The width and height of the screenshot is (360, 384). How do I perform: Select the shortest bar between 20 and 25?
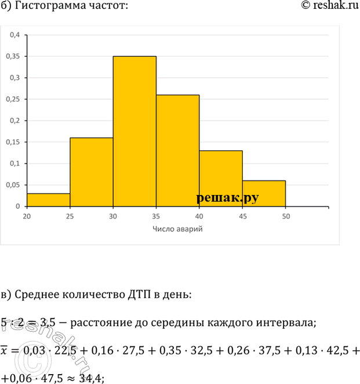[48, 200]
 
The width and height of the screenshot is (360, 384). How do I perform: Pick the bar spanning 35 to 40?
[177, 150]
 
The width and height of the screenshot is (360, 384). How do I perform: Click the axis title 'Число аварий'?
[177, 229]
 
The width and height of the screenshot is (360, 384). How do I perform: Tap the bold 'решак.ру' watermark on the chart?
[227, 198]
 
